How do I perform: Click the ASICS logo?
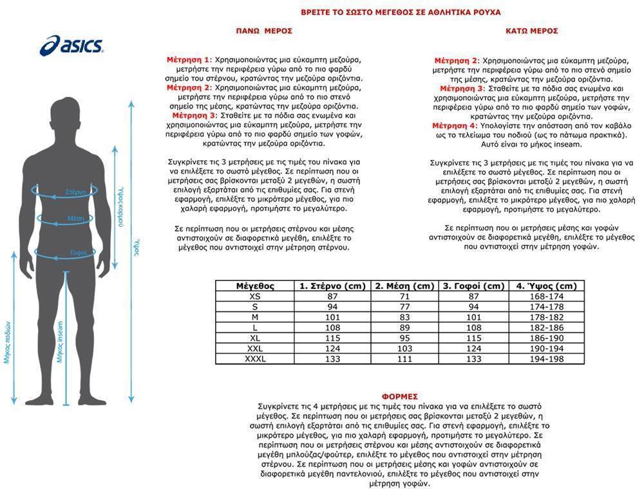tap(72, 46)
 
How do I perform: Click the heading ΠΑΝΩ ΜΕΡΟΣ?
tap(264, 30)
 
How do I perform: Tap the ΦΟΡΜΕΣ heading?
tap(400, 396)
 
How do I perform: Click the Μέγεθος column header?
tap(255, 286)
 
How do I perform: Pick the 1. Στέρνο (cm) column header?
tap(333, 286)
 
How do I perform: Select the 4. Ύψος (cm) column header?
tap(546, 286)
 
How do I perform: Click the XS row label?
tap(255, 296)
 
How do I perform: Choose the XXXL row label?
tap(255, 358)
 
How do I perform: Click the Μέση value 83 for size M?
tap(404, 317)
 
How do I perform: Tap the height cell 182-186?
tap(546, 327)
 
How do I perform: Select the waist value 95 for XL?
tap(404, 338)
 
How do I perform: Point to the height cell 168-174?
tap(546, 296)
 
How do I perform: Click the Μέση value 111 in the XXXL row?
tap(404, 358)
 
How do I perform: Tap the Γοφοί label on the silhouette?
tap(78, 253)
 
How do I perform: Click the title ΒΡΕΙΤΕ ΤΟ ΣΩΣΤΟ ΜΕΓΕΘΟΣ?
tap(401, 12)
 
